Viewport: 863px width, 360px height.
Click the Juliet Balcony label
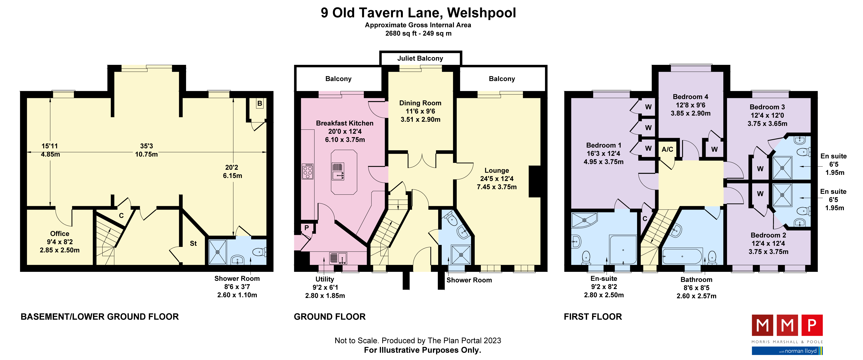pos(420,58)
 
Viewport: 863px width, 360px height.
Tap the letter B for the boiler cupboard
pos(260,104)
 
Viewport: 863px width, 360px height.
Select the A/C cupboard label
pos(667,150)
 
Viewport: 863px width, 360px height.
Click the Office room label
pos(60,234)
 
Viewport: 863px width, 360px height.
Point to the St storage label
pos(193,243)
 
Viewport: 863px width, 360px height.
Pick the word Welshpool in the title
pos(481,13)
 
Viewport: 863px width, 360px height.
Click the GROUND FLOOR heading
pos(330,317)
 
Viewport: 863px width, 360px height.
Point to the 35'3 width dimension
pos(146,146)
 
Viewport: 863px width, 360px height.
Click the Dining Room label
pos(420,103)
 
